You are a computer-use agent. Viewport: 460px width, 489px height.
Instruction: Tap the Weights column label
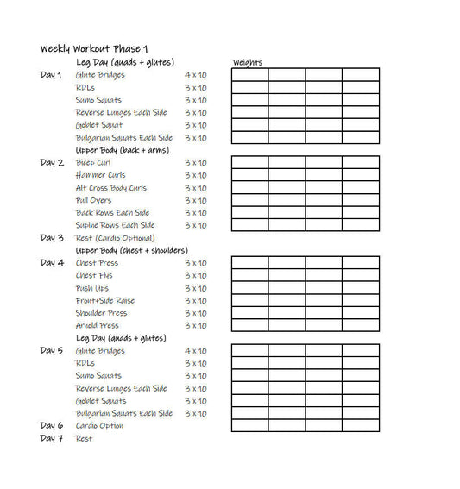coord(248,63)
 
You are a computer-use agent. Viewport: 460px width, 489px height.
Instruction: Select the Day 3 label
coord(52,238)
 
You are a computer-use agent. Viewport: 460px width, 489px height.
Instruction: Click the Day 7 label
coord(52,438)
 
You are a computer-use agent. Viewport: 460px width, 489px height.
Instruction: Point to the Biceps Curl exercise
coord(93,163)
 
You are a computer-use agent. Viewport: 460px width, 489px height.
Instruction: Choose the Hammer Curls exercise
coord(100,175)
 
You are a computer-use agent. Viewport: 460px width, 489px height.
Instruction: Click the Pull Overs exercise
coord(93,200)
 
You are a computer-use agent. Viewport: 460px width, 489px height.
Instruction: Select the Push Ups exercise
coord(92,288)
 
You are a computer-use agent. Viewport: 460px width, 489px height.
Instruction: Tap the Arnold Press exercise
coord(98,326)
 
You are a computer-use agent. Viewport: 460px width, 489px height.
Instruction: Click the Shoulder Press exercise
coord(101,313)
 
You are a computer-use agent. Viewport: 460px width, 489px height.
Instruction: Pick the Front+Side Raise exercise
coord(105,301)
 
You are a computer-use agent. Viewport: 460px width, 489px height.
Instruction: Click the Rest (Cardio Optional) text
coord(115,238)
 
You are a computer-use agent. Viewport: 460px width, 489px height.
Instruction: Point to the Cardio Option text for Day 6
coord(99,425)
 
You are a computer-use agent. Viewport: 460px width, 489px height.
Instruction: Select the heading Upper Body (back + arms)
coord(122,150)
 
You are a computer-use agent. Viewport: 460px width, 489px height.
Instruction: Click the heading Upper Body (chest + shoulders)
coord(131,250)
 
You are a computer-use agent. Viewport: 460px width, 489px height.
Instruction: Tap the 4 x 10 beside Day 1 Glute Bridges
coord(195,75)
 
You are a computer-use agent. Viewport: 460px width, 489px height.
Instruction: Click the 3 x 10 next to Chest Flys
coord(195,276)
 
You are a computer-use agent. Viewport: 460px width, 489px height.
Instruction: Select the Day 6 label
coord(52,425)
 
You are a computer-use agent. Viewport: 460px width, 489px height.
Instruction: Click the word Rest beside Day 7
coord(84,438)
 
